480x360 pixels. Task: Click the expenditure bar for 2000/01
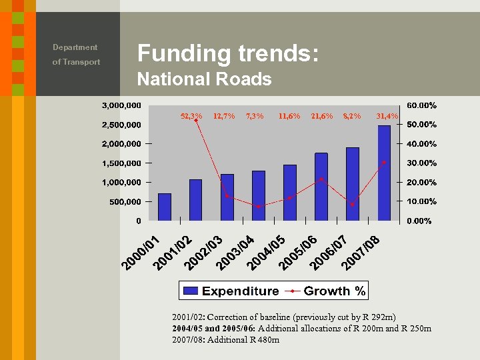pyautogui.click(x=164, y=207)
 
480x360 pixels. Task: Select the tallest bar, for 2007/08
pyautogui.click(x=384, y=173)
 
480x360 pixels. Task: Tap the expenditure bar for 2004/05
pyautogui.click(x=290, y=193)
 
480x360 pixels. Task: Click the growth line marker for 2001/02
pyautogui.click(x=195, y=121)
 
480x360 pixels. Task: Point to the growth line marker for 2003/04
pyautogui.click(x=258, y=207)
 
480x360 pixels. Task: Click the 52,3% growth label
pyautogui.click(x=191, y=116)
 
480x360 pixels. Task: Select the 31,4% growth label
pyautogui.click(x=387, y=116)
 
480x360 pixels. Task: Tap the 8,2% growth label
pyautogui.click(x=351, y=116)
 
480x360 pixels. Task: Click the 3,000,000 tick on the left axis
pyautogui.click(x=121, y=105)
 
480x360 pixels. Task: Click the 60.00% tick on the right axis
pyautogui.click(x=421, y=105)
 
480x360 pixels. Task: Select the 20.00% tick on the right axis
pyautogui.click(x=421, y=182)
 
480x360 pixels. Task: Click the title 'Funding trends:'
pyautogui.click(x=227, y=53)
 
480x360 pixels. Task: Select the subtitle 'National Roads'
pyautogui.click(x=204, y=79)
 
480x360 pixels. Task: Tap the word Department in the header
pyautogui.click(x=75, y=47)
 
